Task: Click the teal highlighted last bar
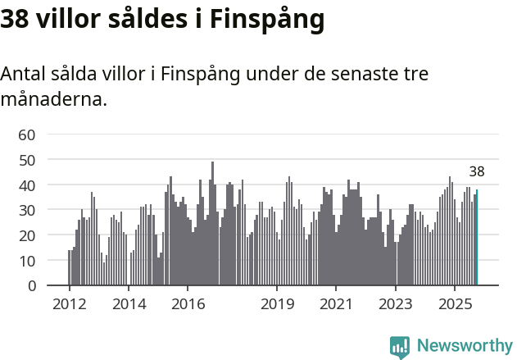coord(477,238)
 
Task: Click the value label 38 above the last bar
coord(477,172)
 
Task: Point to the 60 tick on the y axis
coord(27,135)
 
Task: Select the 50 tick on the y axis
coord(27,161)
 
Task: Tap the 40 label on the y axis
coord(27,185)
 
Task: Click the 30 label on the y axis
coord(27,211)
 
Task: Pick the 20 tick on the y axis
coord(27,235)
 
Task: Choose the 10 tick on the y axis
coord(27,261)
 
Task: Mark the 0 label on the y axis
coord(32,286)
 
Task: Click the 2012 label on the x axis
coord(69,305)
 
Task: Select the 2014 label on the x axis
coord(129,305)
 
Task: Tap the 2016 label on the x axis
coord(188,305)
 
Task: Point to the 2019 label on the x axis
coord(277,305)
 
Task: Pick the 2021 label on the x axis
coord(336,305)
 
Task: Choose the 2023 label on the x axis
coord(396,305)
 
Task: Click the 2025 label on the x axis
coord(455,305)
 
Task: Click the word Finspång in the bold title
coord(267,20)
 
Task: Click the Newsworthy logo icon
coord(400,347)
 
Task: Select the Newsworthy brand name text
coord(465,346)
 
